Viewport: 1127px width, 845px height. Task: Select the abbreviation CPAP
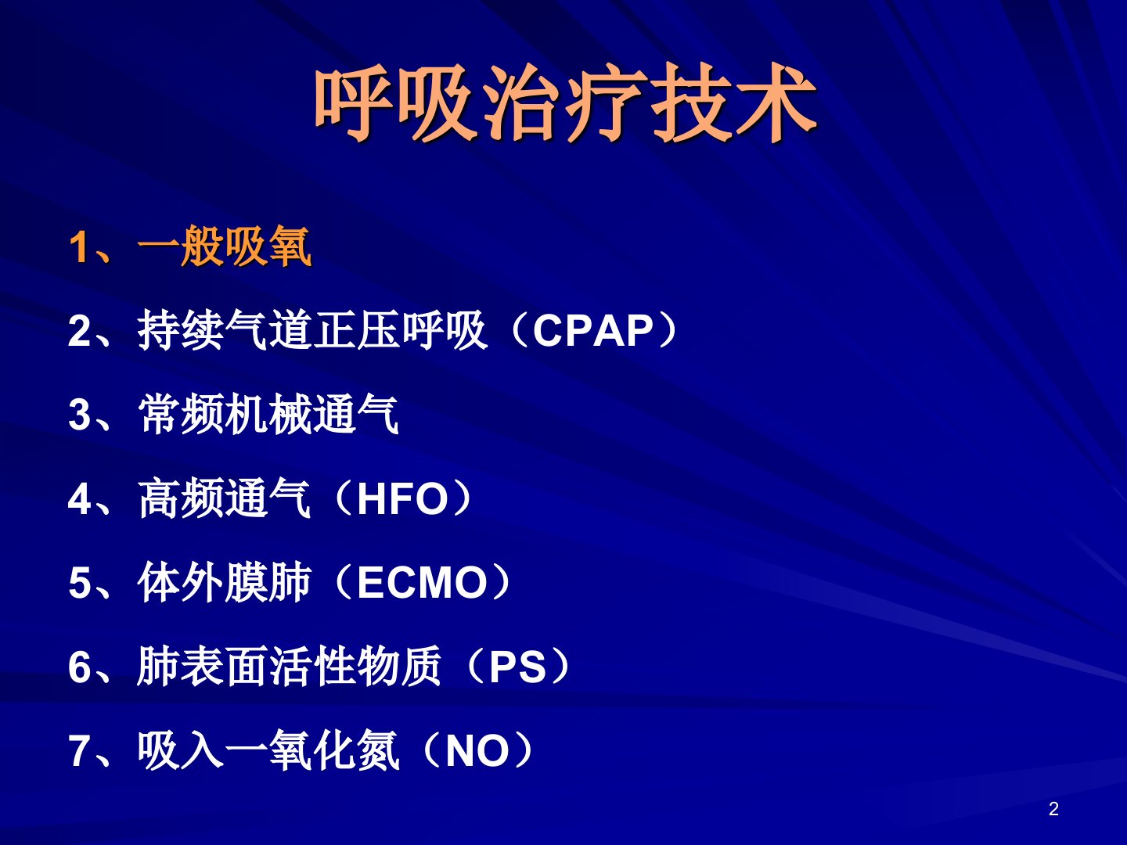click(x=593, y=331)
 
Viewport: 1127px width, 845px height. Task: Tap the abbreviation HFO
click(x=403, y=499)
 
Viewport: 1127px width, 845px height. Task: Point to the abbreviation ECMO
click(x=422, y=583)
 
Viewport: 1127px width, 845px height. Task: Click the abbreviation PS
click(x=517, y=667)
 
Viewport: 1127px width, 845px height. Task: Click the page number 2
click(x=1053, y=809)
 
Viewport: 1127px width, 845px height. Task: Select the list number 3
click(x=80, y=415)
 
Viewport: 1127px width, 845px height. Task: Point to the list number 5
click(x=80, y=584)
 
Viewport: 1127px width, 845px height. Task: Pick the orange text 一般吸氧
click(x=225, y=246)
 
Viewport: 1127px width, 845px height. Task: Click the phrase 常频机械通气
click(x=268, y=415)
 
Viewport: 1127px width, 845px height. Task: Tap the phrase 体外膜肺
click(x=225, y=582)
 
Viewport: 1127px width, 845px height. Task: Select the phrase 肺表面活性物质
click(x=290, y=667)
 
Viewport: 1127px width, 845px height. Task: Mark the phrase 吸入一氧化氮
click(x=268, y=750)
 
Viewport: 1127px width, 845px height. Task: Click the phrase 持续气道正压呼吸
click(x=312, y=330)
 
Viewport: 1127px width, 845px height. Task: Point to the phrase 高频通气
click(x=225, y=498)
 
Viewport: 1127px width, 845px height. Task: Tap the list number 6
click(x=80, y=667)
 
